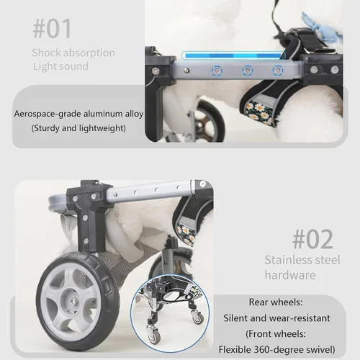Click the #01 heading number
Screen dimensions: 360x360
tap(52, 29)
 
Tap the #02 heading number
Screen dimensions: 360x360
tap(312, 239)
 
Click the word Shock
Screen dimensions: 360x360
tap(45, 53)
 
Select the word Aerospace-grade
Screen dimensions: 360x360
tap(48, 114)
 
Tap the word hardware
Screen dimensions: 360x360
tap(290, 275)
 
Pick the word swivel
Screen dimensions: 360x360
tap(319, 350)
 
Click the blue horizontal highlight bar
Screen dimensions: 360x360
tap(233, 55)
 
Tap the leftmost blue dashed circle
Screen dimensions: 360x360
tap(217, 71)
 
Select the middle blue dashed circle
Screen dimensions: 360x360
tap(247, 71)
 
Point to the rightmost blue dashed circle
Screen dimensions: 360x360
tap(277, 71)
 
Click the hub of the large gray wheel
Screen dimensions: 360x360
tap(73, 300)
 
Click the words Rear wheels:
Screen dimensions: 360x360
tap(276, 302)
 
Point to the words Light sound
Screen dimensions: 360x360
tap(60, 66)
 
